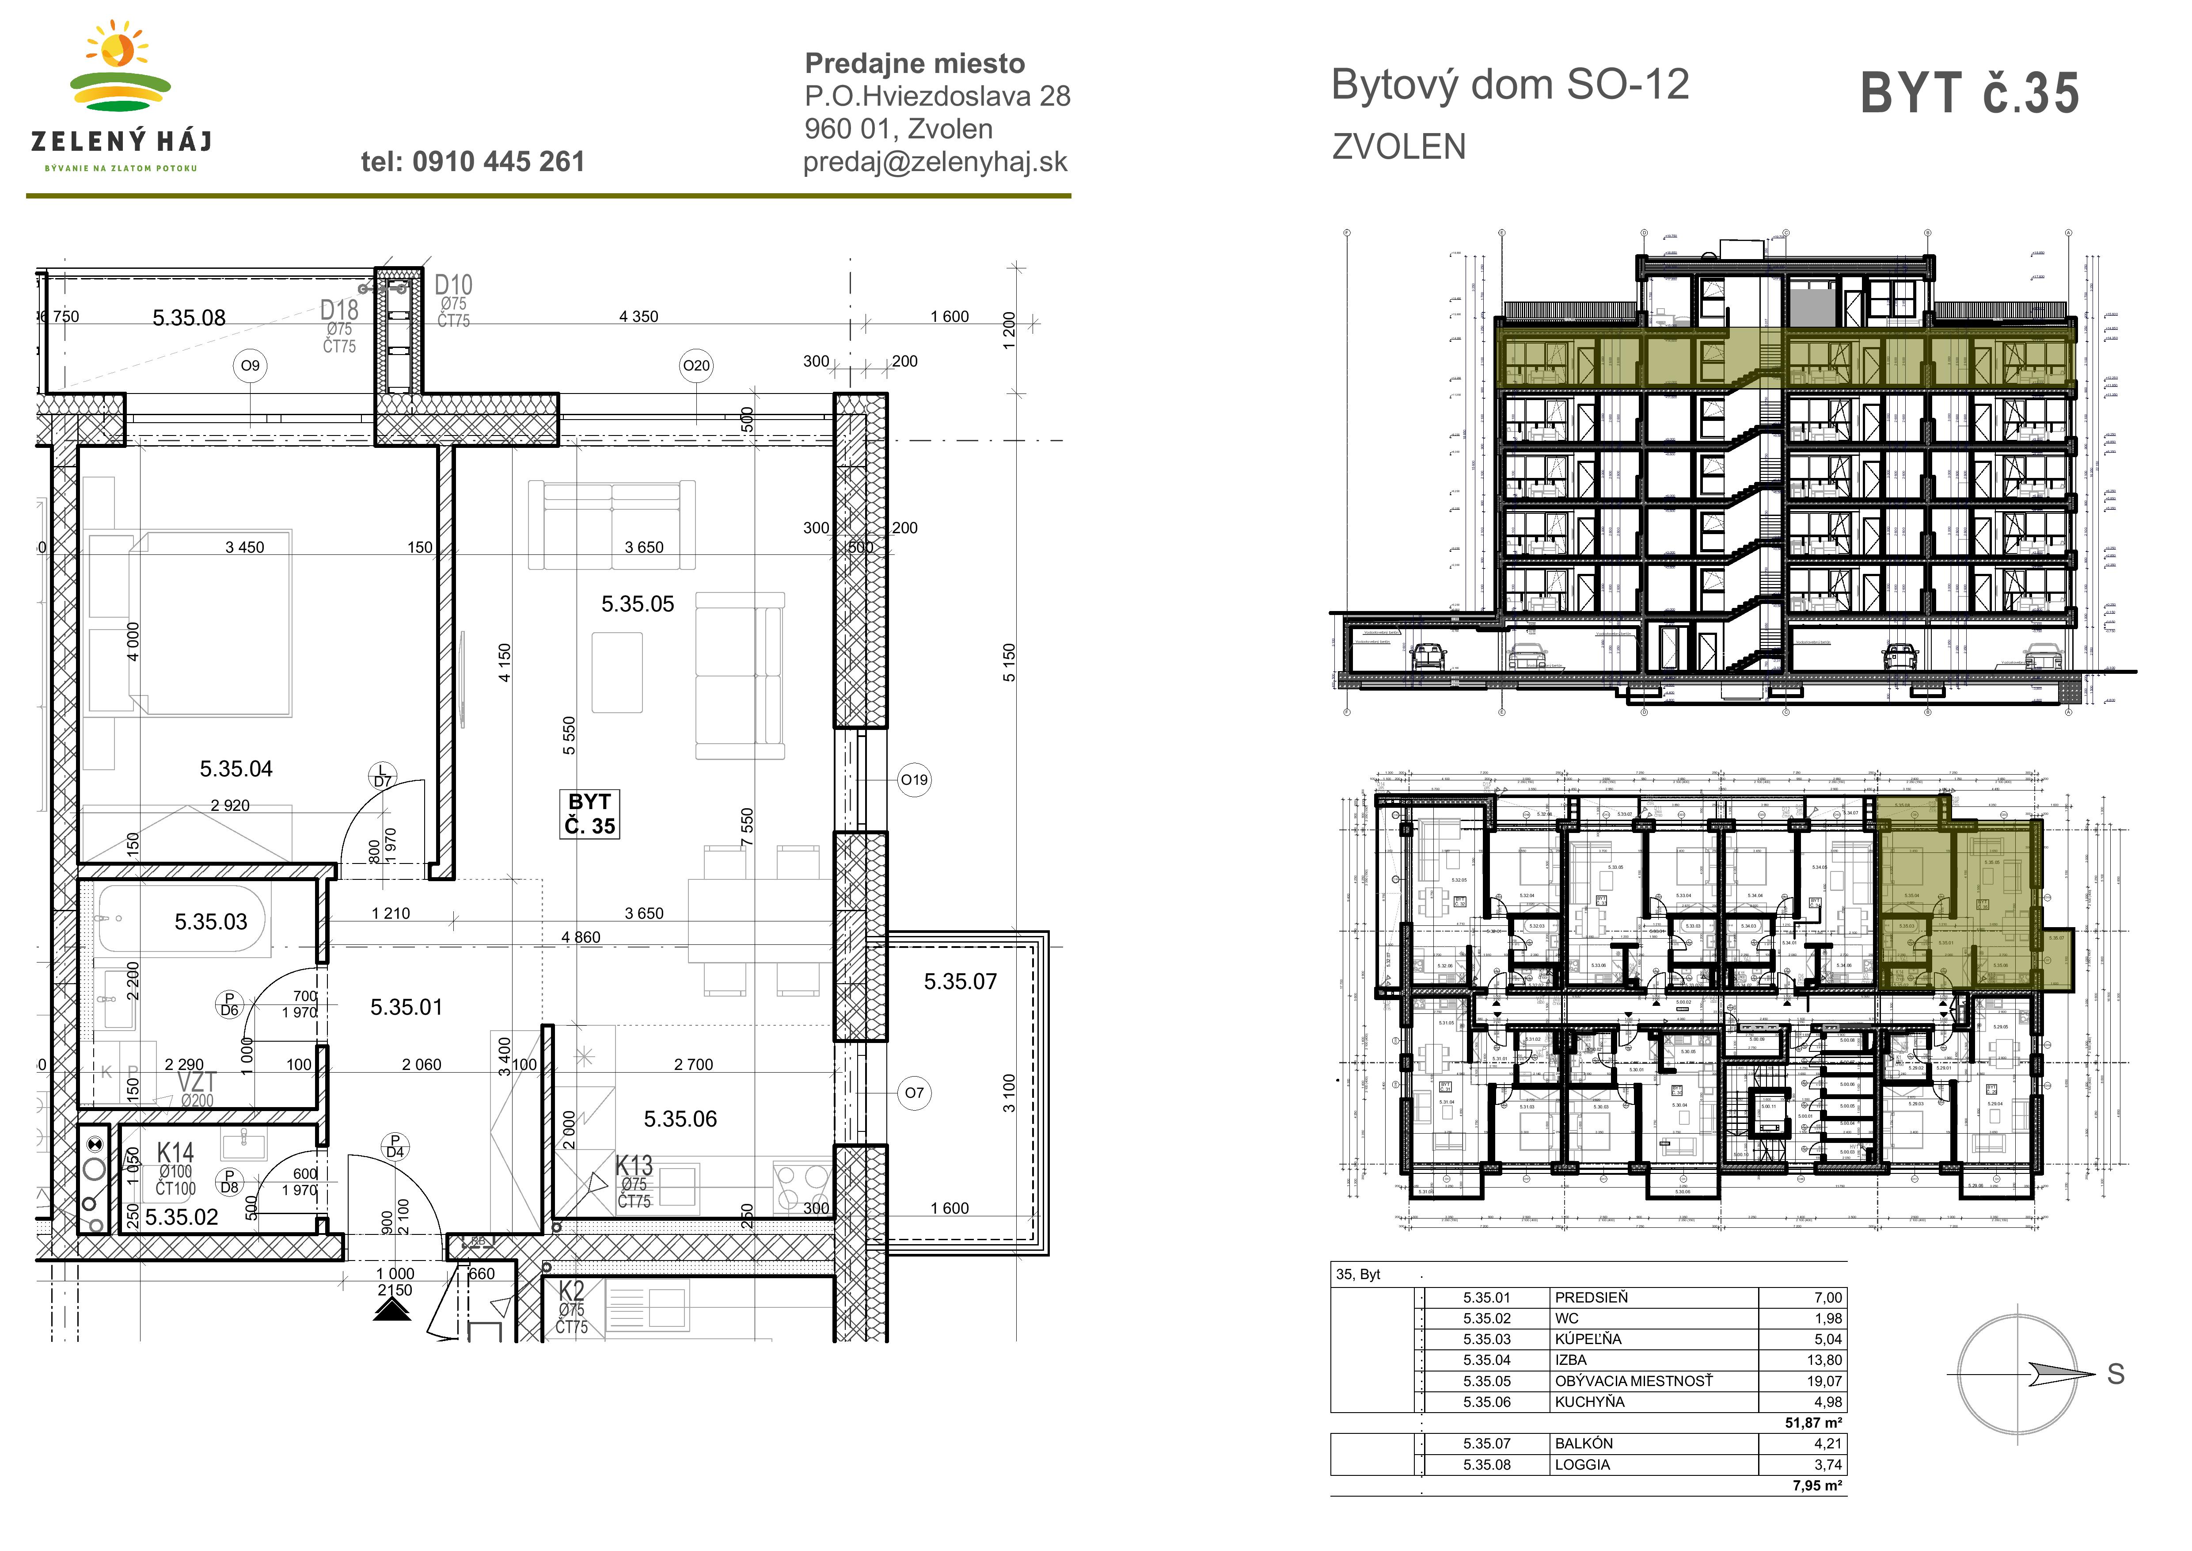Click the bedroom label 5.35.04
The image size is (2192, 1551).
click(236, 769)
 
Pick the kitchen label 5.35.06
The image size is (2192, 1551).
click(680, 1118)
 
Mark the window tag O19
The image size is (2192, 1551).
click(914, 779)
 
